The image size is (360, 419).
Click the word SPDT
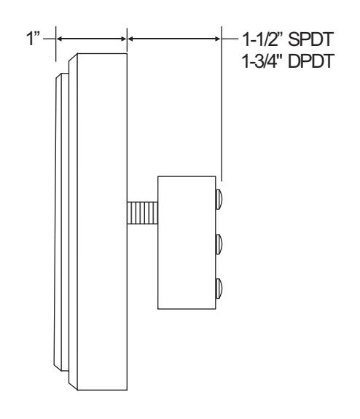[310, 39]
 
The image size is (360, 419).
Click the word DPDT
[311, 61]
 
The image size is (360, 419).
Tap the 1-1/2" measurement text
[264, 39]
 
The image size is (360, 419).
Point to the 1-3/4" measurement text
[264, 61]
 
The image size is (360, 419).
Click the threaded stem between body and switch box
[142, 213]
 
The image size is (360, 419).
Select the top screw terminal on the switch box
[219, 199]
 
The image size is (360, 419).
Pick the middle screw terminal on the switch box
[219, 244]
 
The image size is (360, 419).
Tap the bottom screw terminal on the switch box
[219, 289]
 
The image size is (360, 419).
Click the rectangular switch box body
[187, 243]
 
